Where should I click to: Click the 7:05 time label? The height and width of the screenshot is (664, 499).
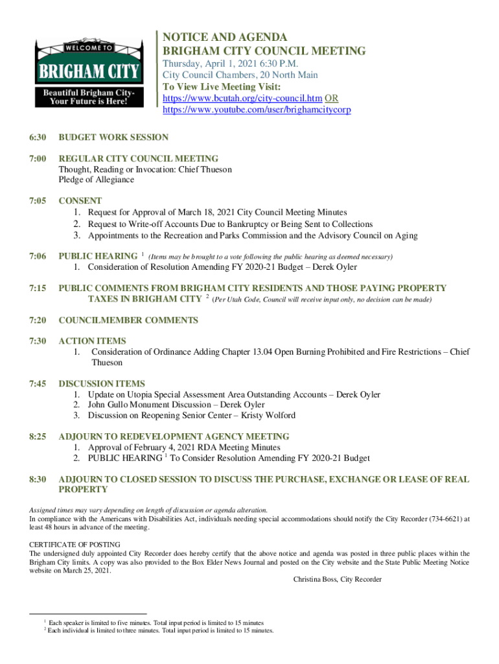[37, 201]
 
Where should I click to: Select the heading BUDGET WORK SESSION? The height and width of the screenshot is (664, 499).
[113, 137]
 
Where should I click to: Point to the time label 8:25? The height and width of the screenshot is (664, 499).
[37, 437]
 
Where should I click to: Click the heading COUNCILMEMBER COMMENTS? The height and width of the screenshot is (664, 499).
[128, 320]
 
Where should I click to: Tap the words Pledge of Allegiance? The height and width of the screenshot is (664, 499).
[97, 180]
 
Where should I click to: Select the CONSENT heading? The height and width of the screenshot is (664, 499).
[80, 201]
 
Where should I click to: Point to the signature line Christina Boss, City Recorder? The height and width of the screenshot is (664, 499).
[337, 579]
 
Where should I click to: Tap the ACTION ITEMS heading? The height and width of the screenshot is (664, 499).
[92, 341]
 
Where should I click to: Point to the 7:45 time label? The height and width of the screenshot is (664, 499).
[37, 384]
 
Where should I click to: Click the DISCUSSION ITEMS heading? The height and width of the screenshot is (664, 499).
[102, 384]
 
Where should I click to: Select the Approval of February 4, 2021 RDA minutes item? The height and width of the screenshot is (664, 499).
[184, 447]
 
